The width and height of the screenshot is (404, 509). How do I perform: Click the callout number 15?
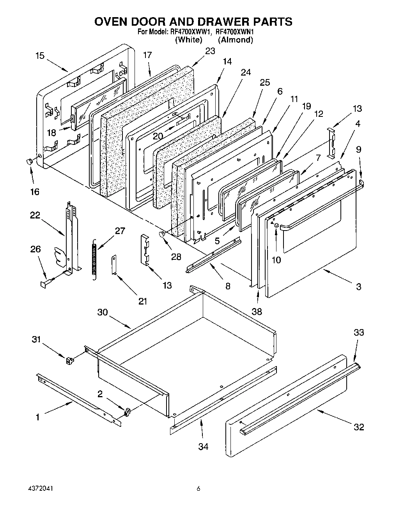pos(40,56)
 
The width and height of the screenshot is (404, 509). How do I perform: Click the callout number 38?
pos(257,311)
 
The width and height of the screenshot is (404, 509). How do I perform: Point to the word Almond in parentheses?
pos(236,40)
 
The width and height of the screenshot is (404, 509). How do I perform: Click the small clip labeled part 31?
pos(70,360)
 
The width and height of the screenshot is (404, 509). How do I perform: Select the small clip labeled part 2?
pos(126,411)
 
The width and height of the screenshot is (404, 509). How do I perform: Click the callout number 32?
pos(359,427)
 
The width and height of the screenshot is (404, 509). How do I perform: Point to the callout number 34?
pos(203,446)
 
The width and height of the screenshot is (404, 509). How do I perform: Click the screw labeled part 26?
pos(44,283)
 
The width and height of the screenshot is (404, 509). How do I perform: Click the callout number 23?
pos(210,51)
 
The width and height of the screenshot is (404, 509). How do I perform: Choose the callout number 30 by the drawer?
pos(103,312)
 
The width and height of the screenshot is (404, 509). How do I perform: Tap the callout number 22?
pos(35,215)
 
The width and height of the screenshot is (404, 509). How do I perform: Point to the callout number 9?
pos(359,149)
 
